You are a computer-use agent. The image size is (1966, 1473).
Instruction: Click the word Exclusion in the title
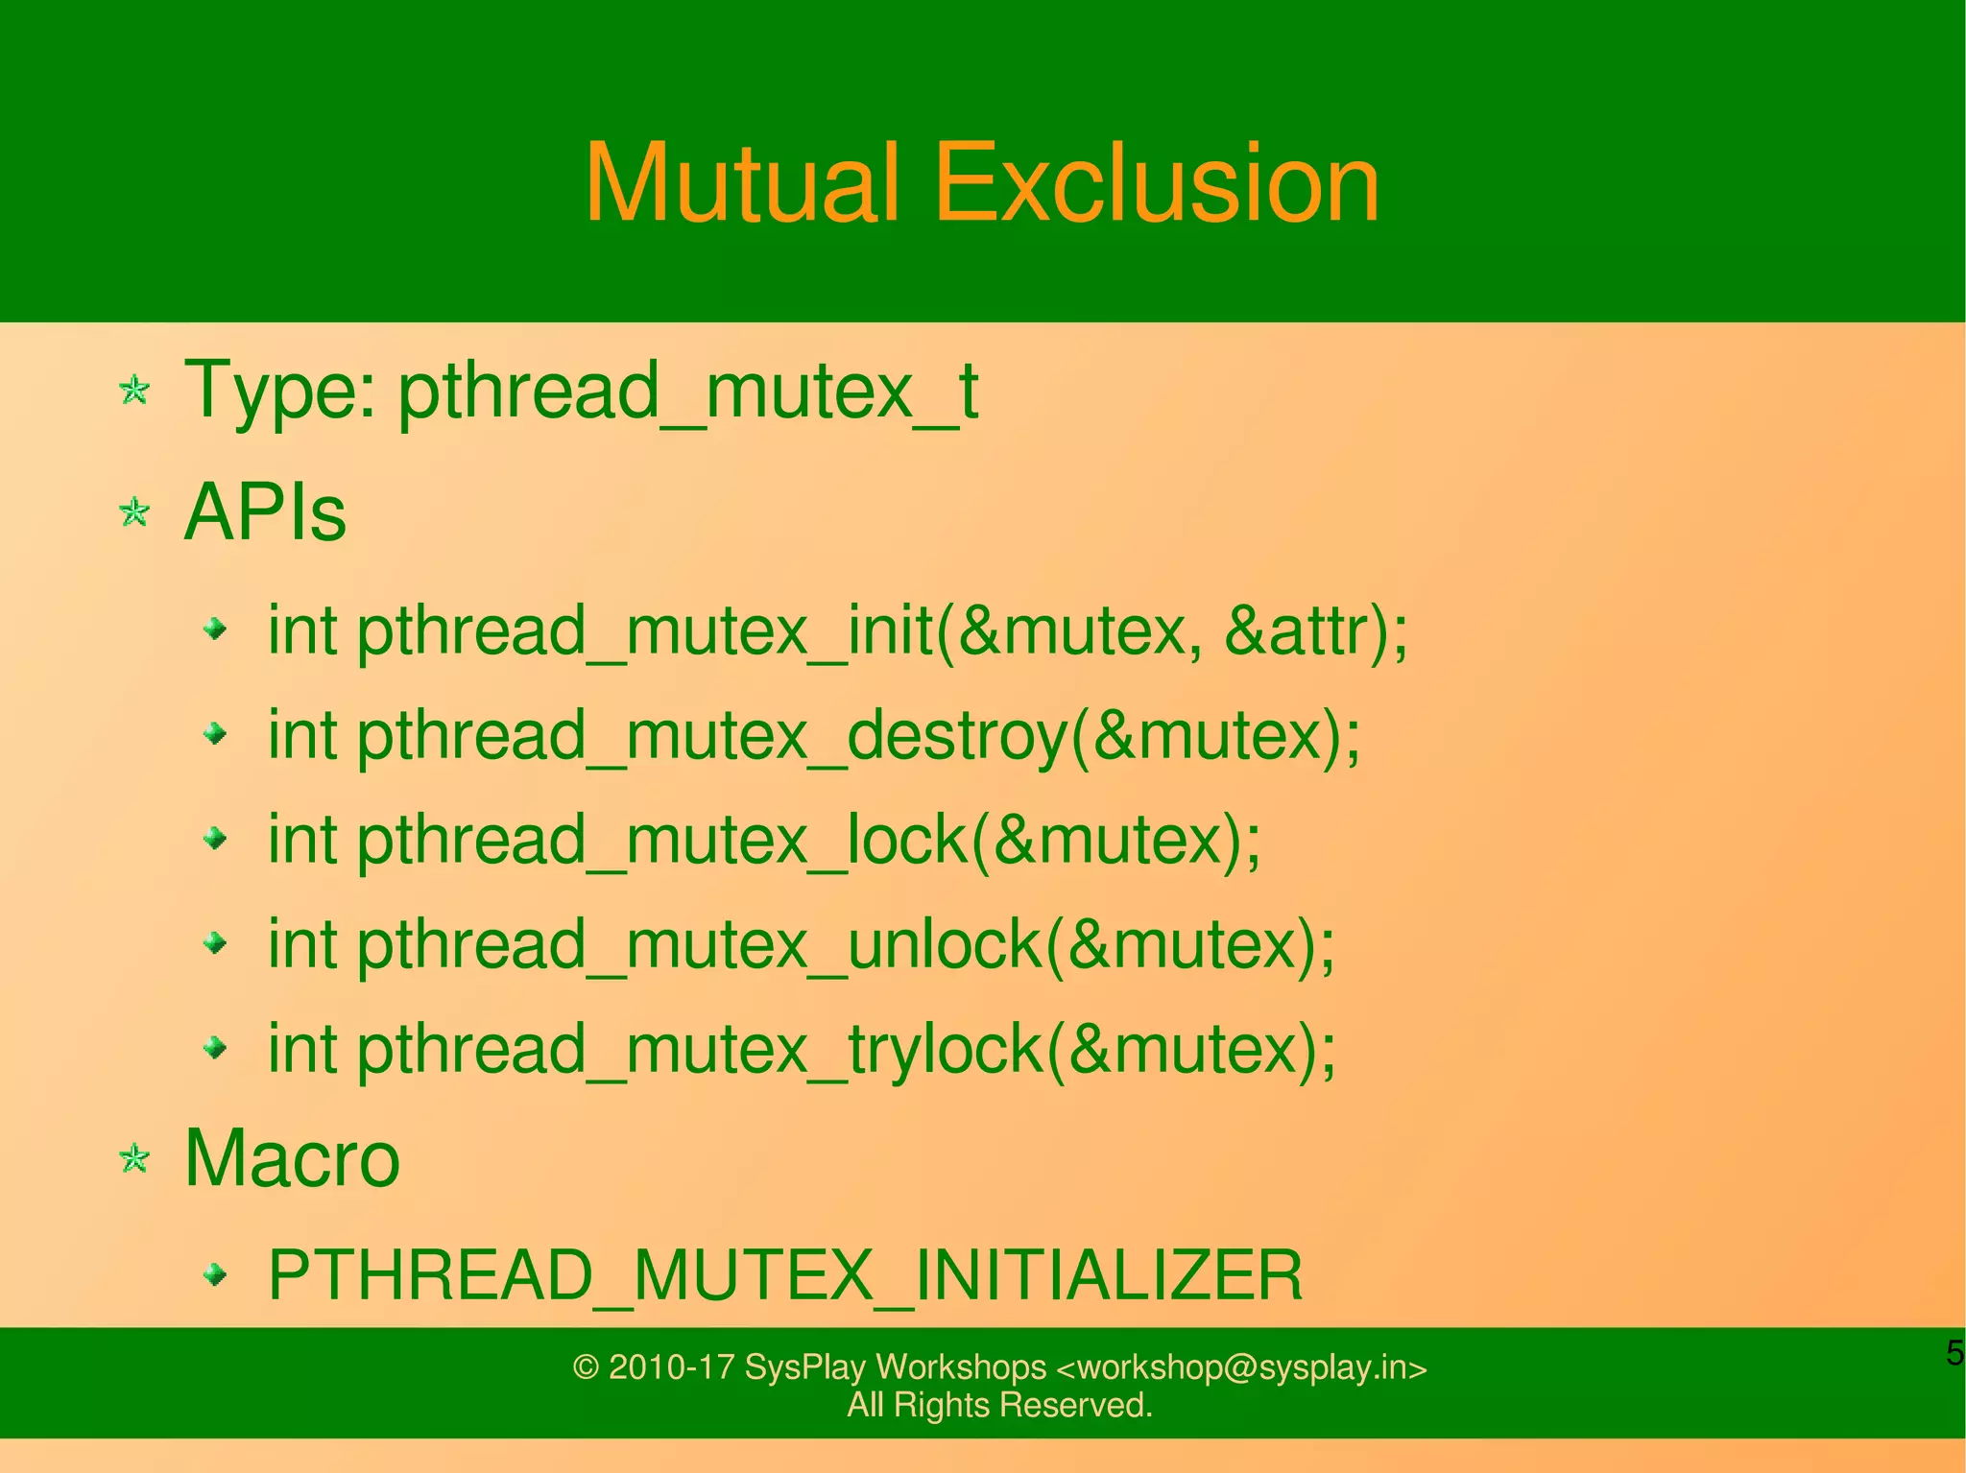coord(1156,183)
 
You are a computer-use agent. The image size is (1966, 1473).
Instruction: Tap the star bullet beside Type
coord(134,391)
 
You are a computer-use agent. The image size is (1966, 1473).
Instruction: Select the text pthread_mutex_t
coord(687,391)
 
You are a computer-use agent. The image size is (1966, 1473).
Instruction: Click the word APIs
coord(264,512)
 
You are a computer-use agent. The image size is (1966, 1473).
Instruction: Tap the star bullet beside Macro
coord(134,1158)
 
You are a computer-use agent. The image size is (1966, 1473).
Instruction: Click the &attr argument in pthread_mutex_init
coord(1296,631)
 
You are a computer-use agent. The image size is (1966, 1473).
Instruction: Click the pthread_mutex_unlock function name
coord(699,945)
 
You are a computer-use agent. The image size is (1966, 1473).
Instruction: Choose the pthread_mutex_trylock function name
coord(699,1050)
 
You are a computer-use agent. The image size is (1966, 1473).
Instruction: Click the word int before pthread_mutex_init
coord(301,631)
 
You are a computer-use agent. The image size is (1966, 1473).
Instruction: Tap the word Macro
coord(291,1158)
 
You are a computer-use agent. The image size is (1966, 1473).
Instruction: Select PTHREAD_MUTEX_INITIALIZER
coord(785,1275)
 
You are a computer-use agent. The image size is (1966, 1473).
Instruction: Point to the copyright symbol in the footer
coord(586,1367)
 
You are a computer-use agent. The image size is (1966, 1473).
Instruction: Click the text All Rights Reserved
coord(999,1405)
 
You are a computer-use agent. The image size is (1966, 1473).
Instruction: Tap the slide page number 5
coord(1954,1353)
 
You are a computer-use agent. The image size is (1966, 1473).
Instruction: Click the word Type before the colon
coord(273,391)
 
